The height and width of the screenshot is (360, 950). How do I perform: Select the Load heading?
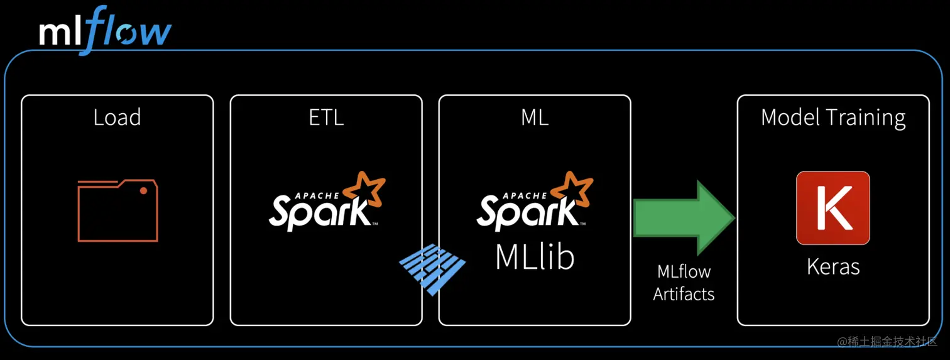117,117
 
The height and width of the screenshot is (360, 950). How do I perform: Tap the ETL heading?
326,117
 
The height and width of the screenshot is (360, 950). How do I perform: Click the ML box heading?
535,117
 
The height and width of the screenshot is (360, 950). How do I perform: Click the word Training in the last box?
868,118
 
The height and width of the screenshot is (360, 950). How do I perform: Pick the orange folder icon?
117,210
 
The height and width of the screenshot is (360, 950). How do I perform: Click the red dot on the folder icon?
144,190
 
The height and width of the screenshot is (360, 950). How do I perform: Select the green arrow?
684,217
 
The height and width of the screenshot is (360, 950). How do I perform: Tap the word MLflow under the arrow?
684,272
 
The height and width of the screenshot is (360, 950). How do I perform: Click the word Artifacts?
684,293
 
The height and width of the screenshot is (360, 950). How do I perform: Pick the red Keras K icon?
833,208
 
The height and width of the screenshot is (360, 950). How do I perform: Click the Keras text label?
833,266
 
